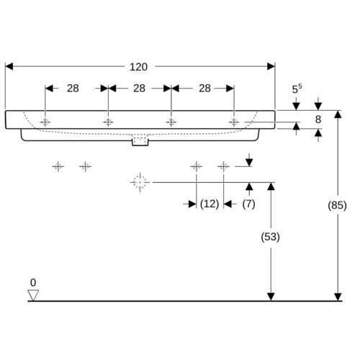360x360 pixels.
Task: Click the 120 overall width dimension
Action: point(138,67)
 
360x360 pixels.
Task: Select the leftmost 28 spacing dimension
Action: point(73,89)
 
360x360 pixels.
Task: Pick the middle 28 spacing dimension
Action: point(139,89)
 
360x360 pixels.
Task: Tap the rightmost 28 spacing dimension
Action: point(204,89)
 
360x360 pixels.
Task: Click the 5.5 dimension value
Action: point(297,89)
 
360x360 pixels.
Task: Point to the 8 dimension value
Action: point(318,120)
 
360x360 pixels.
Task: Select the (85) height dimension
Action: point(337,205)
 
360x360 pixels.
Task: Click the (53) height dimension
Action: point(271,237)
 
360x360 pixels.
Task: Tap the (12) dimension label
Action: point(210,204)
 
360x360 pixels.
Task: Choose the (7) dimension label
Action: point(248,204)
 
